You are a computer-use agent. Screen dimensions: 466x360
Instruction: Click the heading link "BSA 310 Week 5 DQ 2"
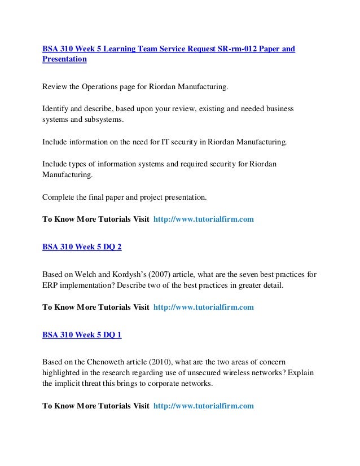[82, 247]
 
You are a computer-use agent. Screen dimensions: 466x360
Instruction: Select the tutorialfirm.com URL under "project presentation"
[204, 219]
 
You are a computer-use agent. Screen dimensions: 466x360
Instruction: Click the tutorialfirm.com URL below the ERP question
[204, 307]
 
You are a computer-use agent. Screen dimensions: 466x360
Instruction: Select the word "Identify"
[55, 108]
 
